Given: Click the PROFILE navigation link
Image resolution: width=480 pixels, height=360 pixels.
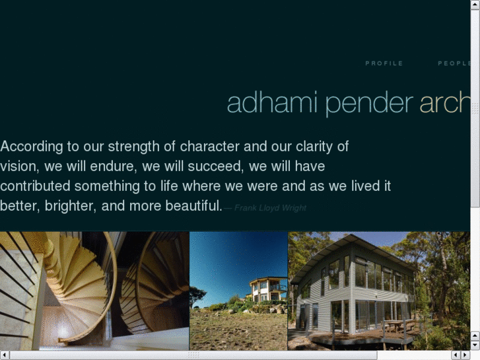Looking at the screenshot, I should point(384,63).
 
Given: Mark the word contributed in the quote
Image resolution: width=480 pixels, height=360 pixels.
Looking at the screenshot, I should point(39,186).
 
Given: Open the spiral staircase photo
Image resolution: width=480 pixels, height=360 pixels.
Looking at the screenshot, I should point(94,291).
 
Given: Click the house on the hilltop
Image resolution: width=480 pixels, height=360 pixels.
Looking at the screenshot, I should point(267,289).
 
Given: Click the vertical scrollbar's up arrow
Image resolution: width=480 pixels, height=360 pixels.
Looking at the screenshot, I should point(475,4).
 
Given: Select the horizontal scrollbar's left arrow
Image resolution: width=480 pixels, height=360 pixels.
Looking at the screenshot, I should point(4,355).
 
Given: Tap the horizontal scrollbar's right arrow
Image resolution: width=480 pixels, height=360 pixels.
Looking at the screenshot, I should point(466,355).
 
